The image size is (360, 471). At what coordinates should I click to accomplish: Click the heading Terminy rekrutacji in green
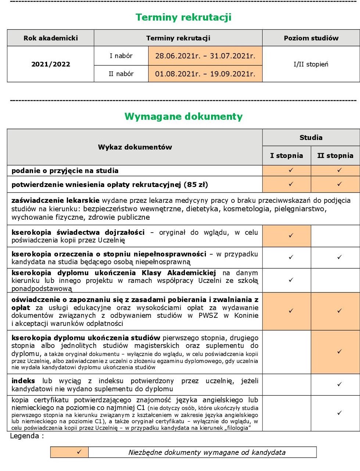pyautogui.click(x=183, y=17)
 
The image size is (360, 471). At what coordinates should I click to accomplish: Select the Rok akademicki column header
pyautogui.click(x=50, y=38)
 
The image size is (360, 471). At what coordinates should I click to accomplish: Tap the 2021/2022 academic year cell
pyautogui.click(x=50, y=64)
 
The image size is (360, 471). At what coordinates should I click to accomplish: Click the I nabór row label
pyautogui.click(x=121, y=56)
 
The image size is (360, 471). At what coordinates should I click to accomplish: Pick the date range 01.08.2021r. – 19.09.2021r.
pyautogui.click(x=205, y=74)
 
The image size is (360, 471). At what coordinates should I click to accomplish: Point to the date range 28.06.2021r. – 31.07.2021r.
pyautogui.click(x=205, y=56)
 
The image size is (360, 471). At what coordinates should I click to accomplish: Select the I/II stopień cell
pyautogui.click(x=311, y=64)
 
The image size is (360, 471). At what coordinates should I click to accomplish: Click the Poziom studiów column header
pyautogui.click(x=311, y=38)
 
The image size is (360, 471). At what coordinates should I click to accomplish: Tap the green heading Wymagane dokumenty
pyautogui.click(x=183, y=116)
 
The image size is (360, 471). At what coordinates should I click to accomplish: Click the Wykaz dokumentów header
pyautogui.click(x=135, y=147)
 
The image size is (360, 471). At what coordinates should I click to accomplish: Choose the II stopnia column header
pyautogui.click(x=335, y=155)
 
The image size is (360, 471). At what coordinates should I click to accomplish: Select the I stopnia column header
pyautogui.click(x=286, y=155)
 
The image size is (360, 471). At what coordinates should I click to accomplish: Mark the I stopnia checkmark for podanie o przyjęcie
pyautogui.click(x=291, y=170)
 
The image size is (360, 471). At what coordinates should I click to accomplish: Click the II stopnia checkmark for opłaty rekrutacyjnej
pyautogui.click(x=339, y=184)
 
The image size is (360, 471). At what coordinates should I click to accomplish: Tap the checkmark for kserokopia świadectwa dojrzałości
pyautogui.click(x=291, y=235)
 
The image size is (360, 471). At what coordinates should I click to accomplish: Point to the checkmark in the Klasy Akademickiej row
pyautogui.click(x=291, y=280)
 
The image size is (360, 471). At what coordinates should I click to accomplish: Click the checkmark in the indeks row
pyautogui.click(x=339, y=384)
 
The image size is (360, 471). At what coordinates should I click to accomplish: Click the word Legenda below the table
pyautogui.click(x=24, y=436)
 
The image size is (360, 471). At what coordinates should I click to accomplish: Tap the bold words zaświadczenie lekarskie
pyautogui.click(x=55, y=201)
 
